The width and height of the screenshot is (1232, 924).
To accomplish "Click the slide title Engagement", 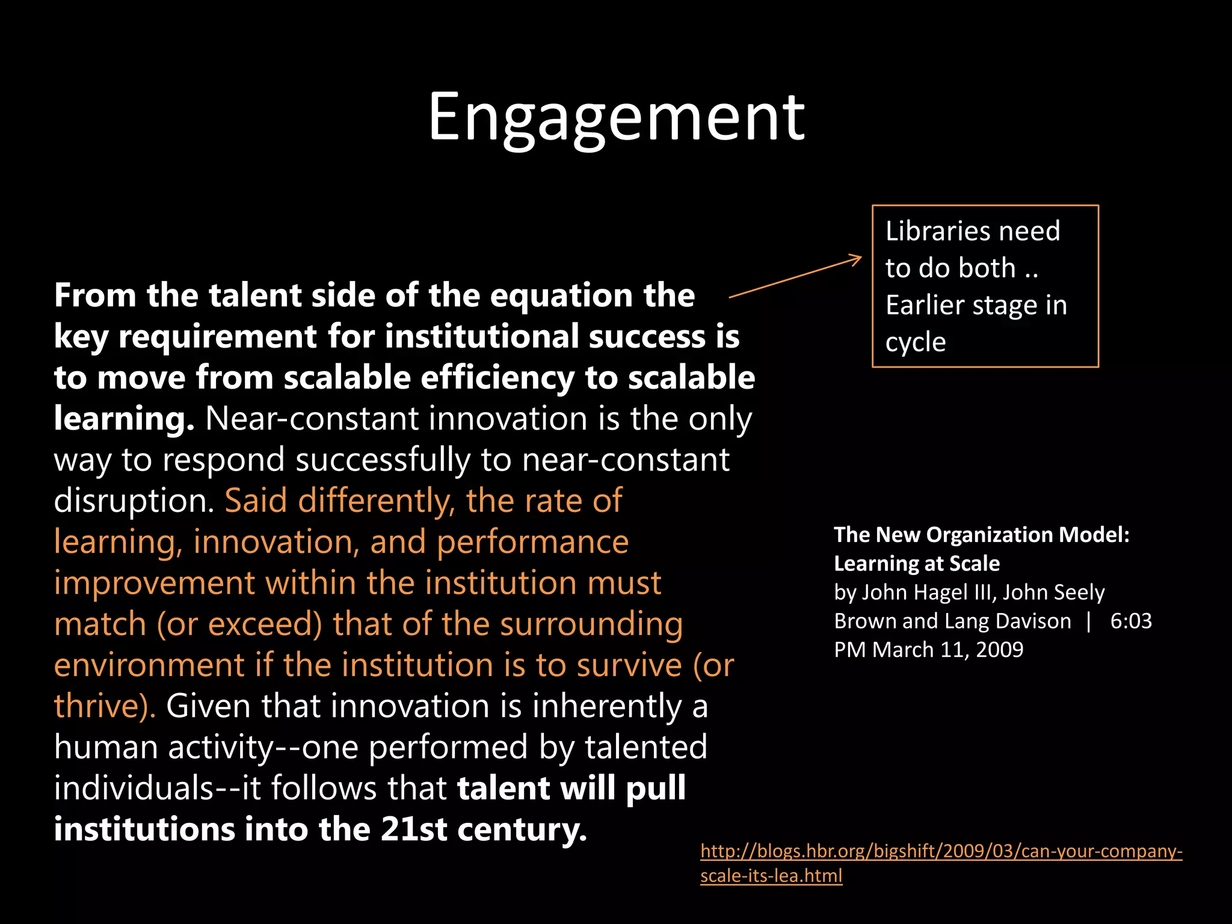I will (x=616, y=117).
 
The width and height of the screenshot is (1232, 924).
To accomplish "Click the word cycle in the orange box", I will (x=916, y=342).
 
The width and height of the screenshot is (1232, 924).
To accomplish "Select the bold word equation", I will (x=561, y=296).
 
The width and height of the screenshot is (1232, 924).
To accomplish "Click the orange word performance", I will (x=532, y=542).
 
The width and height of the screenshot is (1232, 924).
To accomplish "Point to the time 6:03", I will (x=1130, y=621).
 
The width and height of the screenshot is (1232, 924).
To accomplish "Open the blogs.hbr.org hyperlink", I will (x=941, y=852).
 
